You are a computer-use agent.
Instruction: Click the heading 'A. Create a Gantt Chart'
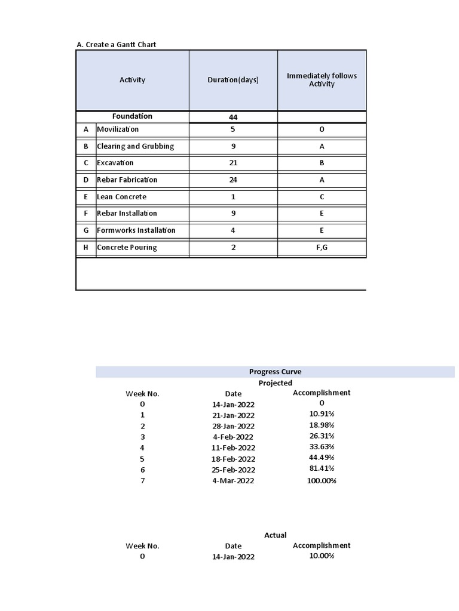(x=117, y=45)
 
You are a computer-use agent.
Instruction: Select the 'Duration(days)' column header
(x=233, y=80)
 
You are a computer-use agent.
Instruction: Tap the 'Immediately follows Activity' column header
(x=322, y=80)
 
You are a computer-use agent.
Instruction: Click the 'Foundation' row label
(x=132, y=116)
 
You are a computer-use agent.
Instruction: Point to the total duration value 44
(x=233, y=118)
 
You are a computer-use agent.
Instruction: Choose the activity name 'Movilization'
(x=118, y=129)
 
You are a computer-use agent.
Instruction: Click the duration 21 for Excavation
(x=233, y=163)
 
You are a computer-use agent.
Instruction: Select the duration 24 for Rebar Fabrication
(x=233, y=180)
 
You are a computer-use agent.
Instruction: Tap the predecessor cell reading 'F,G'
(x=322, y=248)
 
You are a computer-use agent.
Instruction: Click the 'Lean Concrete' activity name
(x=121, y=197)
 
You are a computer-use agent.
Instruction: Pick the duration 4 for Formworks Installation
(x=233, y=230)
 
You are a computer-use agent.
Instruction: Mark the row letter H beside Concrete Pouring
(x=86, y=248)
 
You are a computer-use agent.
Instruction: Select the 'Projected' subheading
(x=275, y=383)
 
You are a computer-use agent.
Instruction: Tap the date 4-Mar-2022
(x=233, y=481)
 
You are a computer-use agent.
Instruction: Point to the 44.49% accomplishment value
(x=322, y=458)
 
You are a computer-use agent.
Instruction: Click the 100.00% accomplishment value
(x=322, y=481)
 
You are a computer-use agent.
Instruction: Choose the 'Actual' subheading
(x=275, y=535)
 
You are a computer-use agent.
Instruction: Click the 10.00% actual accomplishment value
(x=322, y=556)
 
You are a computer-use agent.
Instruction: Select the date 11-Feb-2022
(x=233, y=448)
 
